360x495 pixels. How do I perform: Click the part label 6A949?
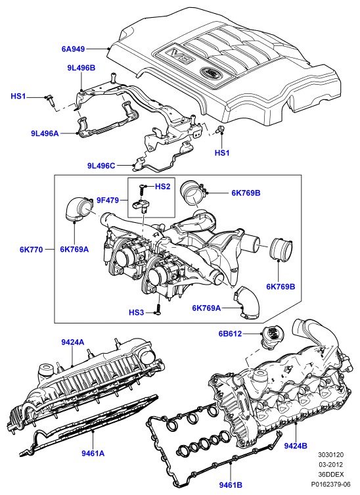click(73, 49)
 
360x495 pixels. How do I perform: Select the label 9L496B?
click(81, 68)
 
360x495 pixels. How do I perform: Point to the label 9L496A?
click(45, 133)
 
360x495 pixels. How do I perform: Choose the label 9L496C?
click(101, 165)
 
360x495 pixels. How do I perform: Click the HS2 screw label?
click(162, 187)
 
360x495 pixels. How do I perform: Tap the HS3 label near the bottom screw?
click(136, 312)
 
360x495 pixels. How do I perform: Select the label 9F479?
click(108, 200)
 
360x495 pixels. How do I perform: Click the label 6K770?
click(31, 249)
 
